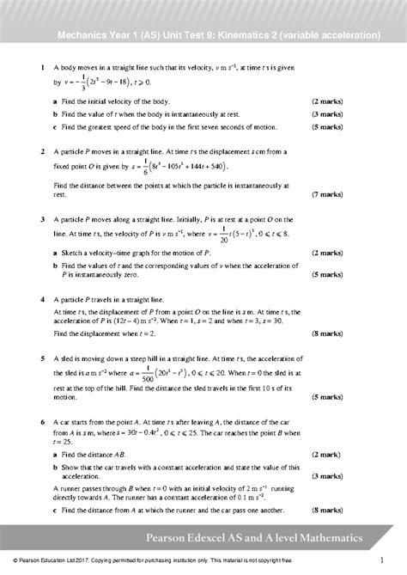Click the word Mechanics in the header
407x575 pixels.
tap(79, 37)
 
